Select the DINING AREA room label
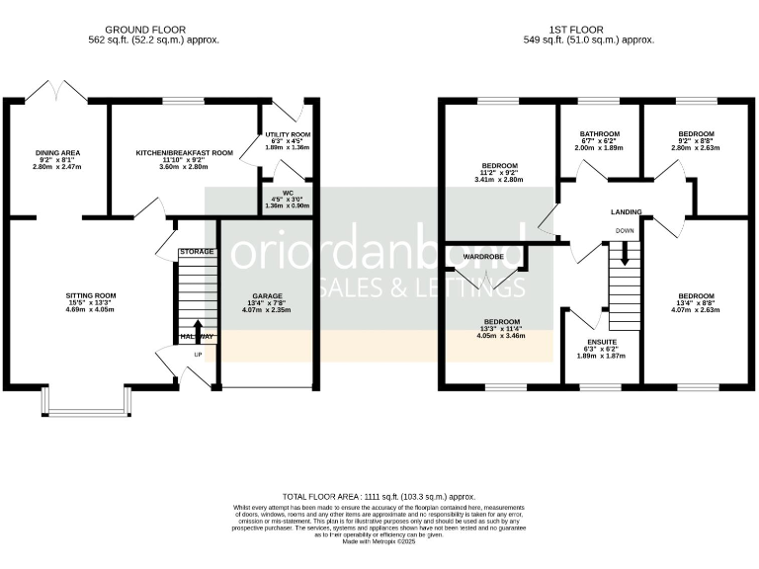click(x=57, y=153)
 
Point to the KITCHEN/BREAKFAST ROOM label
click(x=184, y=153)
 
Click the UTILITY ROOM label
click(x=288, y=133)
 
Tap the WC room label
click(x=288, y=193)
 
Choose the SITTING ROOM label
click(x=91, y=295)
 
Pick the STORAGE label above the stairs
click(x=197, y=253)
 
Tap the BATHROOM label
click(x=600, y=133)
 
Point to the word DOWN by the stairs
click(x=625, y=230)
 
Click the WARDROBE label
click(x=483, y=257)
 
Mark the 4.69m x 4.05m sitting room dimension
click(x=91, y=310)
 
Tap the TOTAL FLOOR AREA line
click(x=379, y=496)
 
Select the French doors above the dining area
click(x=57, y=92)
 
